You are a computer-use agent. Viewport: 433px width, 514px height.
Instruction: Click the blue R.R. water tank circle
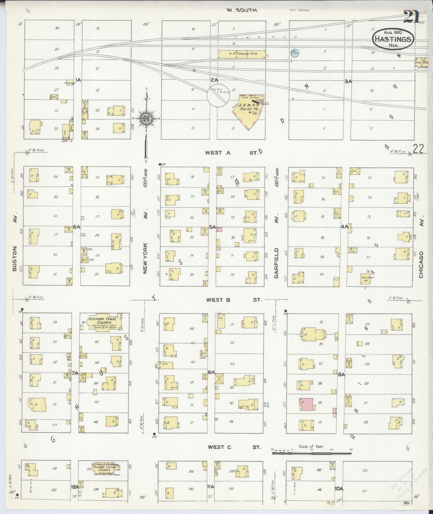point(294,52)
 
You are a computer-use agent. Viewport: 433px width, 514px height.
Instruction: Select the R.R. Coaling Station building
point(242,54)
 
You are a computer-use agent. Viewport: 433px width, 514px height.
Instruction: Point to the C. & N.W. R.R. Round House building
point(249,112)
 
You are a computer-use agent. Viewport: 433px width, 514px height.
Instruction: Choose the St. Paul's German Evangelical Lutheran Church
point(104,467)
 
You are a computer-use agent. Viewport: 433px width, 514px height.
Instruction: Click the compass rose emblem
point(147,118)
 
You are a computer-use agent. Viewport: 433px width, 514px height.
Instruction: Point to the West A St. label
point(232,153)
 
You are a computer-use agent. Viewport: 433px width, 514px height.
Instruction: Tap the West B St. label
point(234,300)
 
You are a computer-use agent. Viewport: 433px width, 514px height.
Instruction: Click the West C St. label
point(234,447)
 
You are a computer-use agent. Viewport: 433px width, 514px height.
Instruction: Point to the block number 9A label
point(341,374)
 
